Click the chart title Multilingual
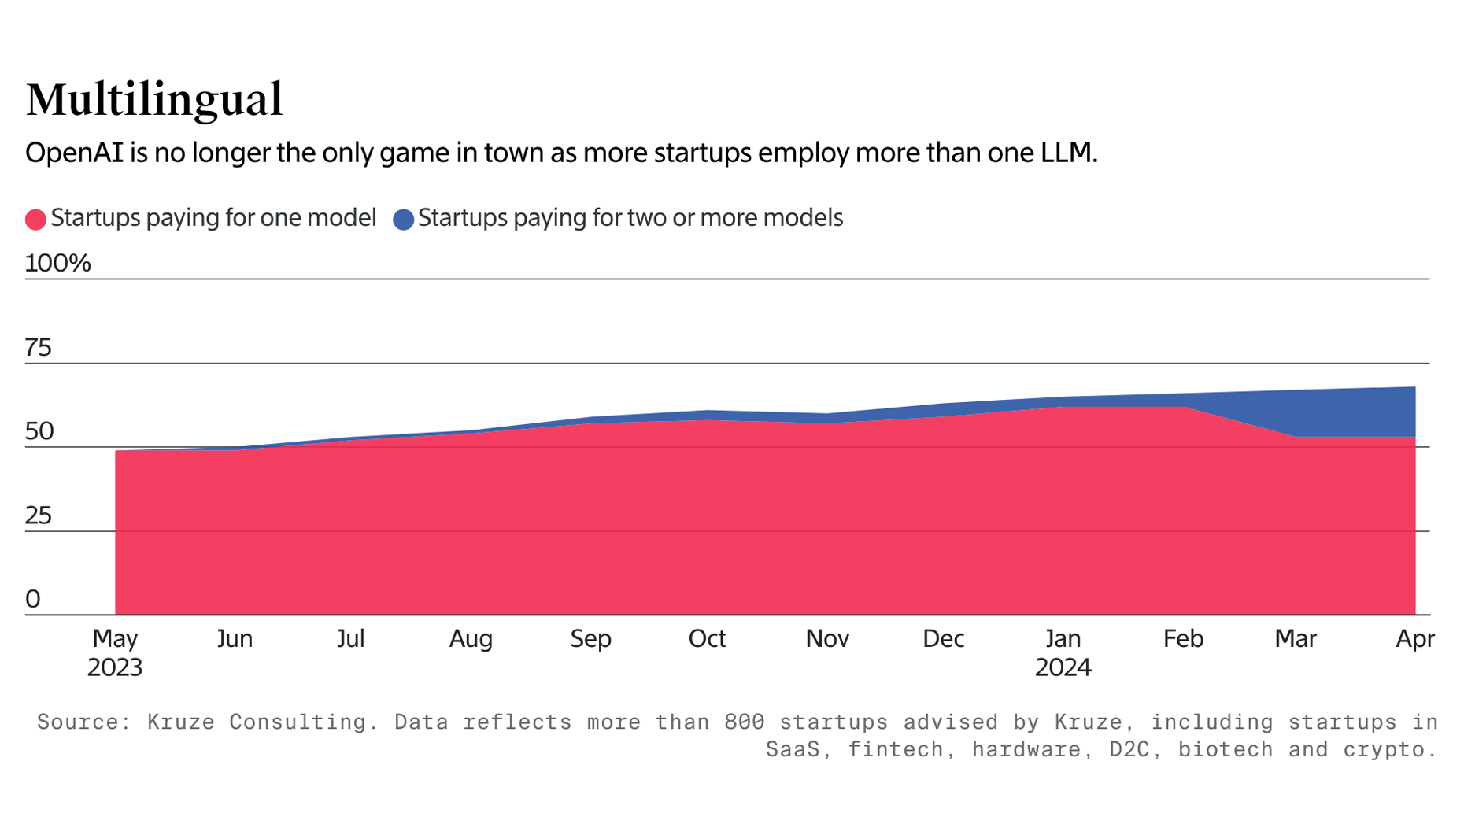(153, 100)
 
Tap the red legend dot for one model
(35, 220)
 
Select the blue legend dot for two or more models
(403, 220)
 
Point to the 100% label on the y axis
(57, 264)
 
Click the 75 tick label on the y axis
(38, 348)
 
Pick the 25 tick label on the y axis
(38, 516)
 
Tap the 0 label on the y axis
(33, 600)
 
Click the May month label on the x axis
(115, 638)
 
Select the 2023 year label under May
(115, 667)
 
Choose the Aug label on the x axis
(471, 638)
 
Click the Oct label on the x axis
(707, 638)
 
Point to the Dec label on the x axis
(943, 638)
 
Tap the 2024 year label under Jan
(1063, 667)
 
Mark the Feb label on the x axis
(1183, 638)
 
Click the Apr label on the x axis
(1414, 638)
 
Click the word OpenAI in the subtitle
(74, 153)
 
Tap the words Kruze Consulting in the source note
(257, 722)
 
